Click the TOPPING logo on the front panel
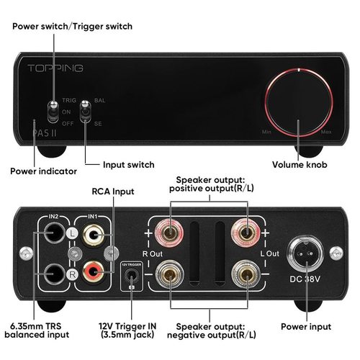click(55, 68)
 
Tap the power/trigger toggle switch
click(53, 112)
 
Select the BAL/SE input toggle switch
click(85, 112)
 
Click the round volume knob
click(299, 103)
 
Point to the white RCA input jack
click(94, 235)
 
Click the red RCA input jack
click(94, 272)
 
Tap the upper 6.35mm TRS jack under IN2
click(54, 233)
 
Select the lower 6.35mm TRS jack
click(54, 274)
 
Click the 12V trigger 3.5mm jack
click(131, 276)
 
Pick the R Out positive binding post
click(169, 233)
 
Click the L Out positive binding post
click(246, 233)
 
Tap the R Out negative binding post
click(169, 274)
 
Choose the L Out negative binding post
click(246, 274)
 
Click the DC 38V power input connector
click(305, 253)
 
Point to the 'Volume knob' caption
click(300, 165)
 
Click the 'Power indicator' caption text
click(43, 171)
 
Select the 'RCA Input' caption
click(113, 192)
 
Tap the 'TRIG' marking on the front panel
click(69, 100)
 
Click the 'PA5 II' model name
click(45, 132)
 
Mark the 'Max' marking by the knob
click(326, 132)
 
